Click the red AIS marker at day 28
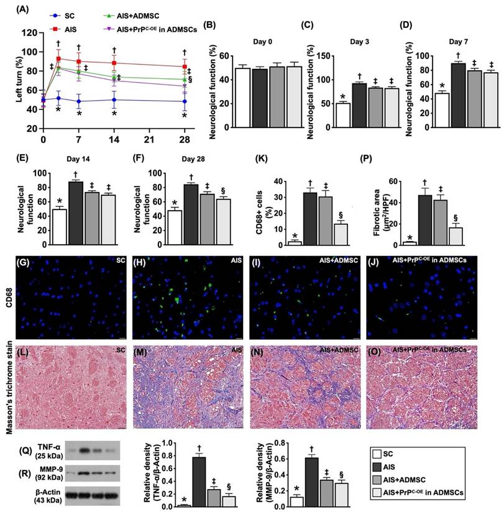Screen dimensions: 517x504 (185, 66)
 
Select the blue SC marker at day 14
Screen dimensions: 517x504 (114, 99)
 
